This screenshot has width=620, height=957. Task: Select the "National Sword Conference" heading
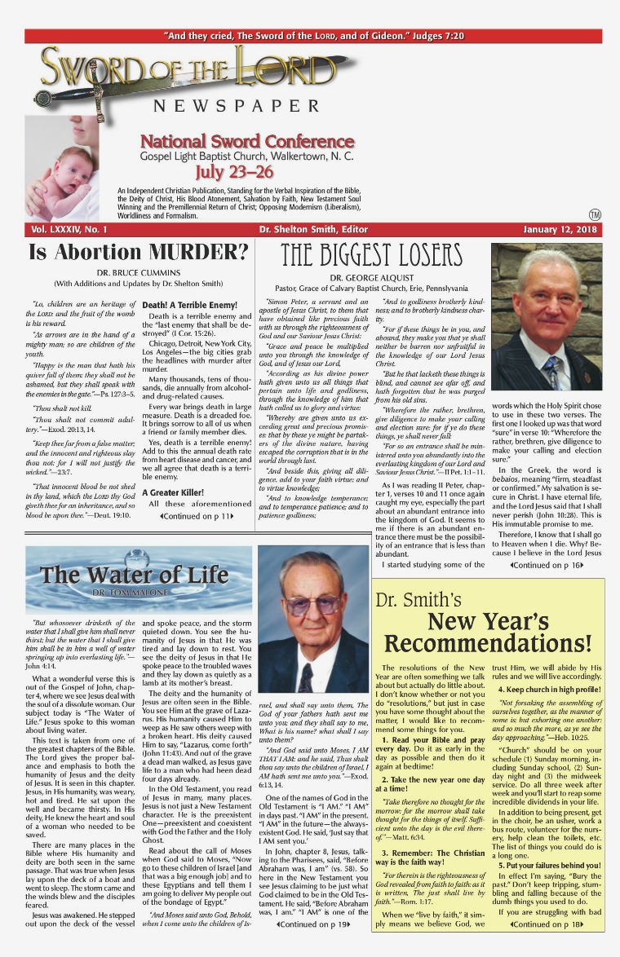click(246, 141)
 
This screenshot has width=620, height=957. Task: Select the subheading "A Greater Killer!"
click(174, 470)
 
